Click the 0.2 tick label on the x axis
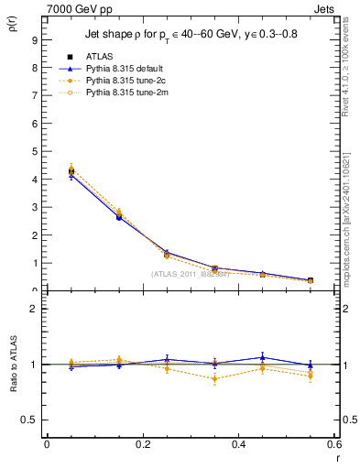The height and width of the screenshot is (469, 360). pyautogui.click(x=142, y=444)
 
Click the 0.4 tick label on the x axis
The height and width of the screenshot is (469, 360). pyautogui.click(x=238, y=444)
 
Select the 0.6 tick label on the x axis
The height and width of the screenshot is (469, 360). pyautogui.click(x=333, y=444)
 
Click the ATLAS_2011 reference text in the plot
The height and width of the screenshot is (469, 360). pyautogui.click(x=190, y=274)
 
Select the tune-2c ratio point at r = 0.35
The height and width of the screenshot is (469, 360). pyautogui.click(x=214, y=378)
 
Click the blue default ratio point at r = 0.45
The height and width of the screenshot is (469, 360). pyautogui.click(x=262, y=357)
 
